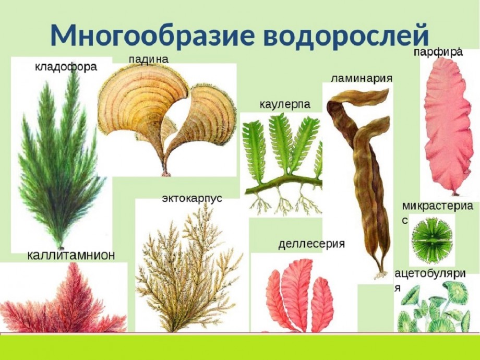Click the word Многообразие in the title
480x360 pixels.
click(152, 34)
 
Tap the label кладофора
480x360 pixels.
click(66, 67)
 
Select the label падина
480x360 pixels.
click(149, 59)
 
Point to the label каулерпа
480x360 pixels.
click(285, 105)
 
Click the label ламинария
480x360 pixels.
click(362, 78)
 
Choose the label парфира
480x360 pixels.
click(438, 52)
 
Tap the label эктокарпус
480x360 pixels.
click(192, 198)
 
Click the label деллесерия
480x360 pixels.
click(311, 244)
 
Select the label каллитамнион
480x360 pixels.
click(71, 255)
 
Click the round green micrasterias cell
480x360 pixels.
click(432, 238)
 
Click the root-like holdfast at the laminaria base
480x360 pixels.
click(380, 274)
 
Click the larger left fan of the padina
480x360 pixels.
click(142, 104)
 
